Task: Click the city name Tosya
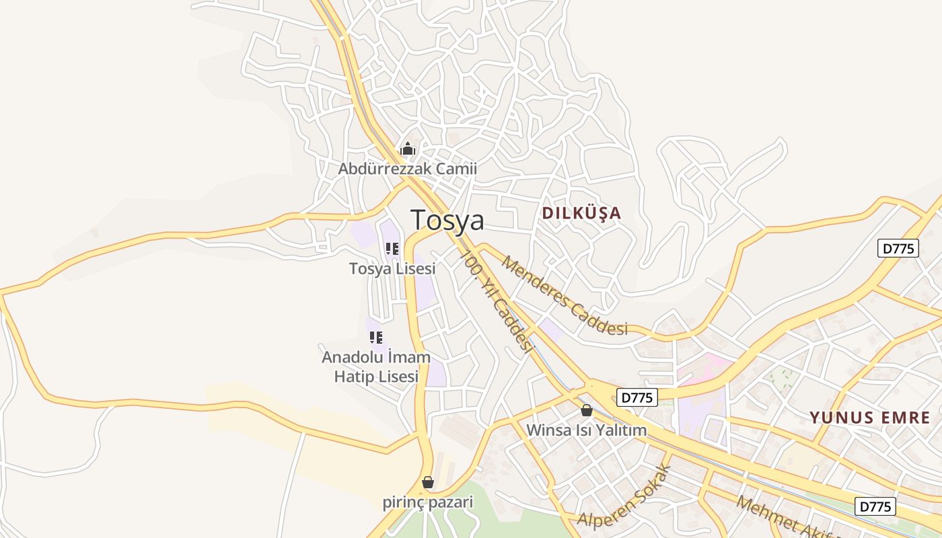447,221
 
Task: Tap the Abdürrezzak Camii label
407,169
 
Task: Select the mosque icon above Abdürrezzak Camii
408,149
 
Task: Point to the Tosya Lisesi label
392,268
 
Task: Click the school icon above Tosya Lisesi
392,249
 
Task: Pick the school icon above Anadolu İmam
376,337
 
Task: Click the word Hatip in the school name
355,377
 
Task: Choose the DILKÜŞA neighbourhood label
581,213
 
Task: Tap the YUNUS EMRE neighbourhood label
870,418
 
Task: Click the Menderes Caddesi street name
564,295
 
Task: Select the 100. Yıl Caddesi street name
497,301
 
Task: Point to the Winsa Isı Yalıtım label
586,430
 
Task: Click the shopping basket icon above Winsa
587,410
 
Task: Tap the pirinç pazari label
428,502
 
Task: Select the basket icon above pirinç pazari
428,482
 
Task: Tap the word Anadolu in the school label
355,356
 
